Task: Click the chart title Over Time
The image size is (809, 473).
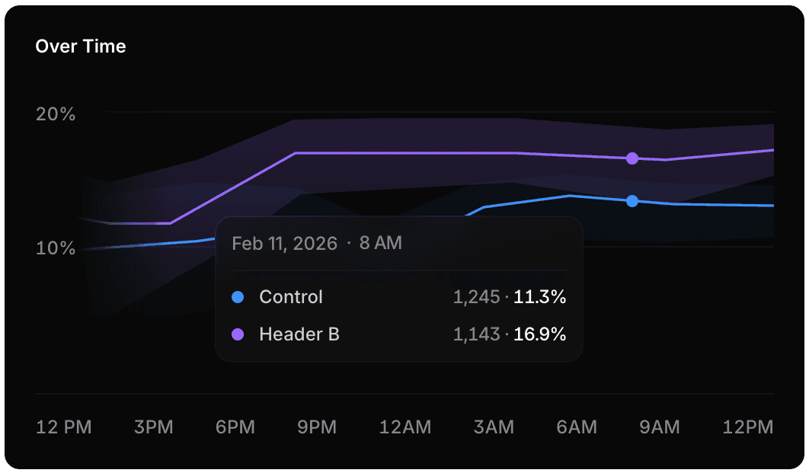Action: point(81,46)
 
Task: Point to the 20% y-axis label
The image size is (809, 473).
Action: point(56,114)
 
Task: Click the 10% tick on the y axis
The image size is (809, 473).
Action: point(56,248)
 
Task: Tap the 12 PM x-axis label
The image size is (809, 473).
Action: point(64,427)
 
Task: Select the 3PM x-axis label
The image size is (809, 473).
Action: point(153,427)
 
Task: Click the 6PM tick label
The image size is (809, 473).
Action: point(235,427)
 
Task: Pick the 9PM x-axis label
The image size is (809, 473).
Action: point(317,427)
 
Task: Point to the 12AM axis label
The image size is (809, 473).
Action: point(405,427)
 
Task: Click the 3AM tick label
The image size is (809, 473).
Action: point(493,427)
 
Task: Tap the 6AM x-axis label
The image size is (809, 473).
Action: point(577,427)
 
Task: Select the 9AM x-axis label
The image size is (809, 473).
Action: point(659,427)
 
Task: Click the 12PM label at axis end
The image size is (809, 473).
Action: point(748,427)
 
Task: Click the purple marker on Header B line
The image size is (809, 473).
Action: point(632,158)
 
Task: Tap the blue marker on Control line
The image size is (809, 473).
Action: point(632,201)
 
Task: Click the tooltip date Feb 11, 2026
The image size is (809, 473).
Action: point(284,244)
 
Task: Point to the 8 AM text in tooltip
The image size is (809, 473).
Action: point(380,244)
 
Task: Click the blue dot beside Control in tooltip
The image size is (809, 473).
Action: point(238,297)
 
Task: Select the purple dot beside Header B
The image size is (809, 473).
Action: point(238,334)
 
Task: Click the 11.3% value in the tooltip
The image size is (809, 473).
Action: point(539,297)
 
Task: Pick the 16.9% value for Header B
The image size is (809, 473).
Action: point(539,334)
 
